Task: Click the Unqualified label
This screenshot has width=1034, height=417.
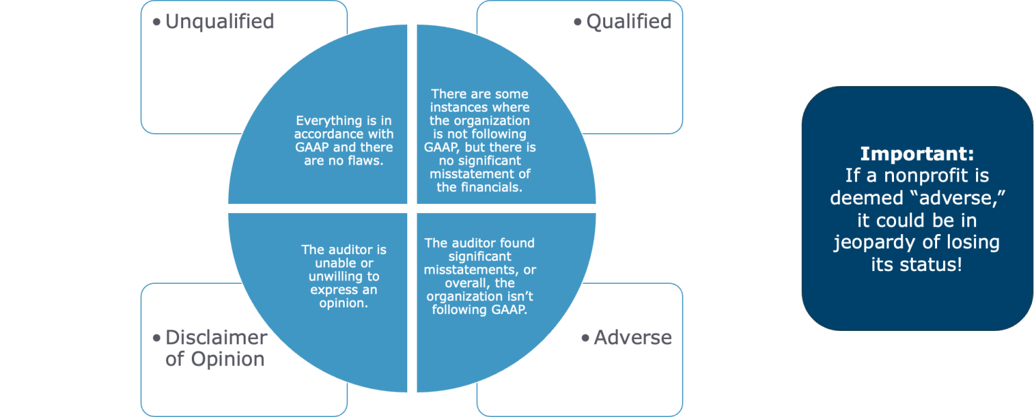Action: coord(219,22)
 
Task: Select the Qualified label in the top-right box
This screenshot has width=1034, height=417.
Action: coord(629,22)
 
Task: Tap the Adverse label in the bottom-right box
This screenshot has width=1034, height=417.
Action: coord(633,337)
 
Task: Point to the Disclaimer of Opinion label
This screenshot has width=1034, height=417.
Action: coord(216,348)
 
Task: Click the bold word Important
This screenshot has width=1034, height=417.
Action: coord(916,153)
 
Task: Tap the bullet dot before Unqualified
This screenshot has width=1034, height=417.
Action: coord(157,22)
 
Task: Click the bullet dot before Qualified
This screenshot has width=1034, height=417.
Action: coord(578,22)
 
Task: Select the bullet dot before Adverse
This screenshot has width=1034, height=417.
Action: coord(585,338)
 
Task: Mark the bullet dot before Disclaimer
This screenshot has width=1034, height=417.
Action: coord(157,338)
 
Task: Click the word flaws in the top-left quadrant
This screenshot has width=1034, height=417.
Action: coord(364,161)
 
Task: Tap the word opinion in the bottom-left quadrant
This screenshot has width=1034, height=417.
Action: coord(343,303)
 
